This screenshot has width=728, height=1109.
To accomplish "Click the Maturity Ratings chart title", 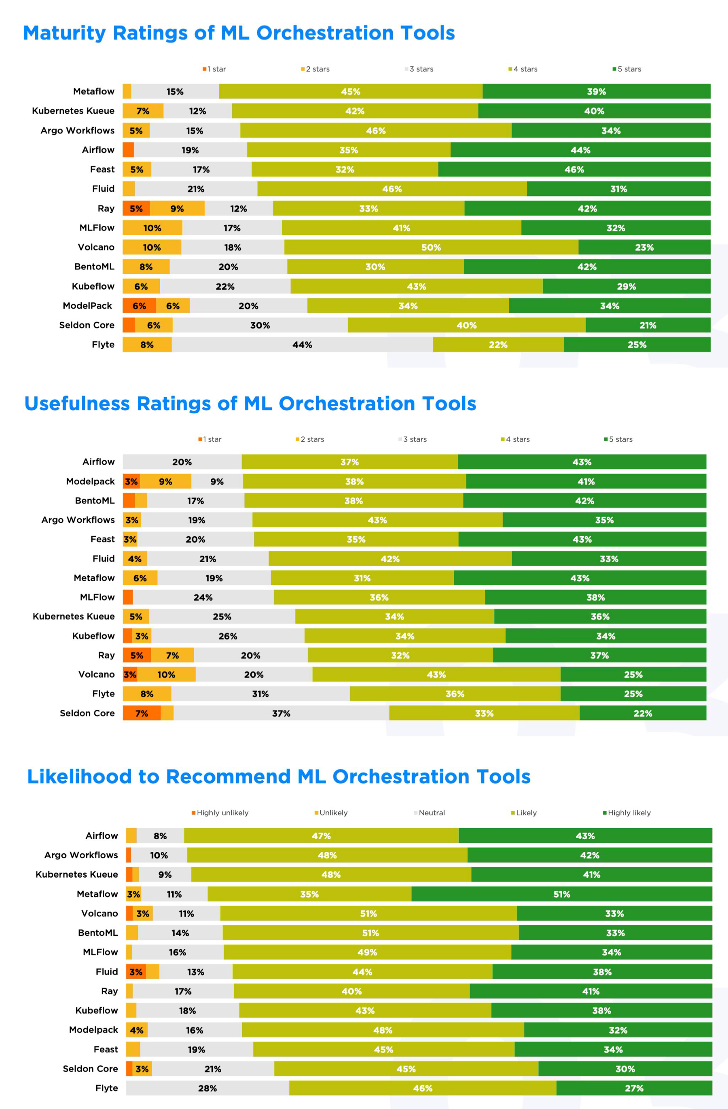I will tap(239, 33).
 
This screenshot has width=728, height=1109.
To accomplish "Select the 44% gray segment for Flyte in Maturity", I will tap(302, 345).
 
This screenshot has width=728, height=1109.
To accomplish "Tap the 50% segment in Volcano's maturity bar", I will tap(431, 248).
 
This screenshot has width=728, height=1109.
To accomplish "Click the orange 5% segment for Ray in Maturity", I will tap(136, 208).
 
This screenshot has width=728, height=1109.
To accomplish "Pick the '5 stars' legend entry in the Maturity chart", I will tap(627, 69).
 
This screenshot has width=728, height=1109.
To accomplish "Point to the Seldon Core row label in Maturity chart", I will tap(87, 325).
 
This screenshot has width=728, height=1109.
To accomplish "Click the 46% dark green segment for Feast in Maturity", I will tap(574, 169).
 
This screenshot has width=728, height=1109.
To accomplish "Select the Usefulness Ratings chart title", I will tap(250, 404).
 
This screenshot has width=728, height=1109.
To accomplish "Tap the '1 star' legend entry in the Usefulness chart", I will tap(210, 439).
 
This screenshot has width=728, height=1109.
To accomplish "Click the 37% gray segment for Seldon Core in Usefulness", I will tap(281, 713).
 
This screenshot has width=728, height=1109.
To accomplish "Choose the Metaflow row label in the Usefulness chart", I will tap(94, 578).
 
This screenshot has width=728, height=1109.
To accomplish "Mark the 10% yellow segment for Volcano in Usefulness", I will tap(166, 675).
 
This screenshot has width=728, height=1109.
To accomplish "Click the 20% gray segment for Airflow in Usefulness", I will tap(182, 462).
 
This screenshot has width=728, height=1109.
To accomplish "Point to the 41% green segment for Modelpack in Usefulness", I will tap(586, 481).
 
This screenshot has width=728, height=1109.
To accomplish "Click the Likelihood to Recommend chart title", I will tap(279, 777).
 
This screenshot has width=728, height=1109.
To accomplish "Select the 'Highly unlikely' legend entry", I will tap(220, 813).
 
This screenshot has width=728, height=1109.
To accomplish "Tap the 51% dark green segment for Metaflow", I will tap(562, 894).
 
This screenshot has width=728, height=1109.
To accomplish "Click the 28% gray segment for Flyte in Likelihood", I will tap(207, 1088).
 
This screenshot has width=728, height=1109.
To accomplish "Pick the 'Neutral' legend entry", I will tap(429, 813).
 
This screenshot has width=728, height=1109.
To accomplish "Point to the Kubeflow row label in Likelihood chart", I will tap(97, 1011).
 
